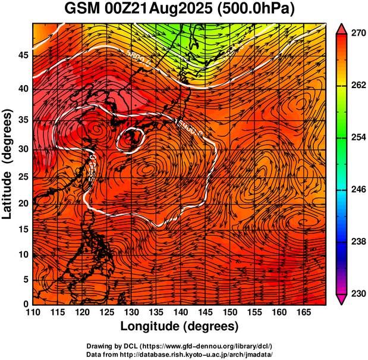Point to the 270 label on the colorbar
(357, 34)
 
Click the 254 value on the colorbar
(357, 137)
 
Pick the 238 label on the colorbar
(357, 242)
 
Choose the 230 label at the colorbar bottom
(357, 293)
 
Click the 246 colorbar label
(357, 190)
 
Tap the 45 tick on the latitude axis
(23, 55)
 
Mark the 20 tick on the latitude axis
(23, 204)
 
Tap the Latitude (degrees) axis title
(8, 164)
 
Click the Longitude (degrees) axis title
(180, 327)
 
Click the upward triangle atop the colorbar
(342, 28)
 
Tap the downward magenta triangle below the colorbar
(342, 299)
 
